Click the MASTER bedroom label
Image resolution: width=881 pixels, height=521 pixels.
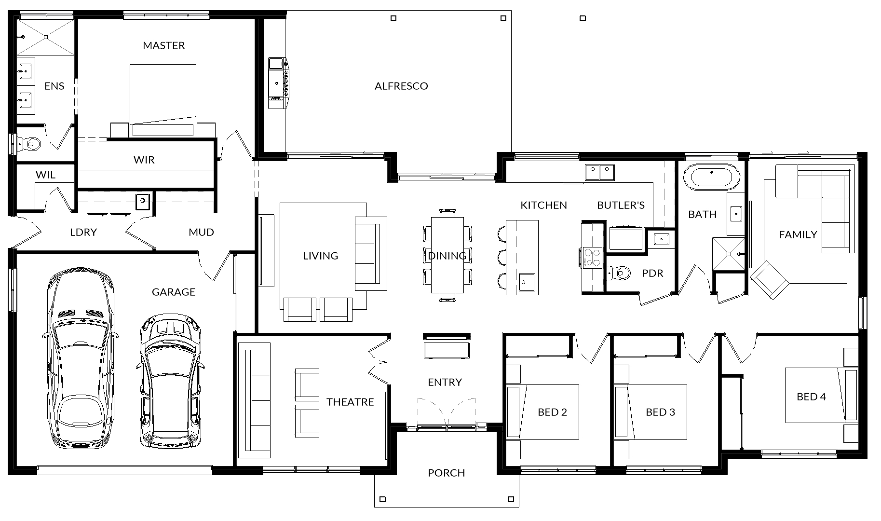(164, 45)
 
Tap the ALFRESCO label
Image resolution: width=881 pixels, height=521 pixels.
(401, 86)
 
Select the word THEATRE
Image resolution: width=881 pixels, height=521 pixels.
(350, 402)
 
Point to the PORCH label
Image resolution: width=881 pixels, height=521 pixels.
(447, 473)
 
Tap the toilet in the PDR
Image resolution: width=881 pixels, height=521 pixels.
(619, 273)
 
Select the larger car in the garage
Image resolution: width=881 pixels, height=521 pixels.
(81, 359)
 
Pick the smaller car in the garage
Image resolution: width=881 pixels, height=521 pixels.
(170, 381)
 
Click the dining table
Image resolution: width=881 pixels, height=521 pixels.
(447, 255)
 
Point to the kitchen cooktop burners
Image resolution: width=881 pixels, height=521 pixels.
(592, 257)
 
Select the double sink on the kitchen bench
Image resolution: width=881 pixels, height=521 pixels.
(600, 172)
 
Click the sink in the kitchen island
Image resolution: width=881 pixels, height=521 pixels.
(527, 282)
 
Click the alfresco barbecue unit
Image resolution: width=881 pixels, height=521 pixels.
(278, 83)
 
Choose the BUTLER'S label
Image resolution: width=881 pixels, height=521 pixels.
(621, 205)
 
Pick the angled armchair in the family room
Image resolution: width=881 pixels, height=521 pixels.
(770, 280)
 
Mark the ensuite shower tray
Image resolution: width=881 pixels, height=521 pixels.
(46, 37)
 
